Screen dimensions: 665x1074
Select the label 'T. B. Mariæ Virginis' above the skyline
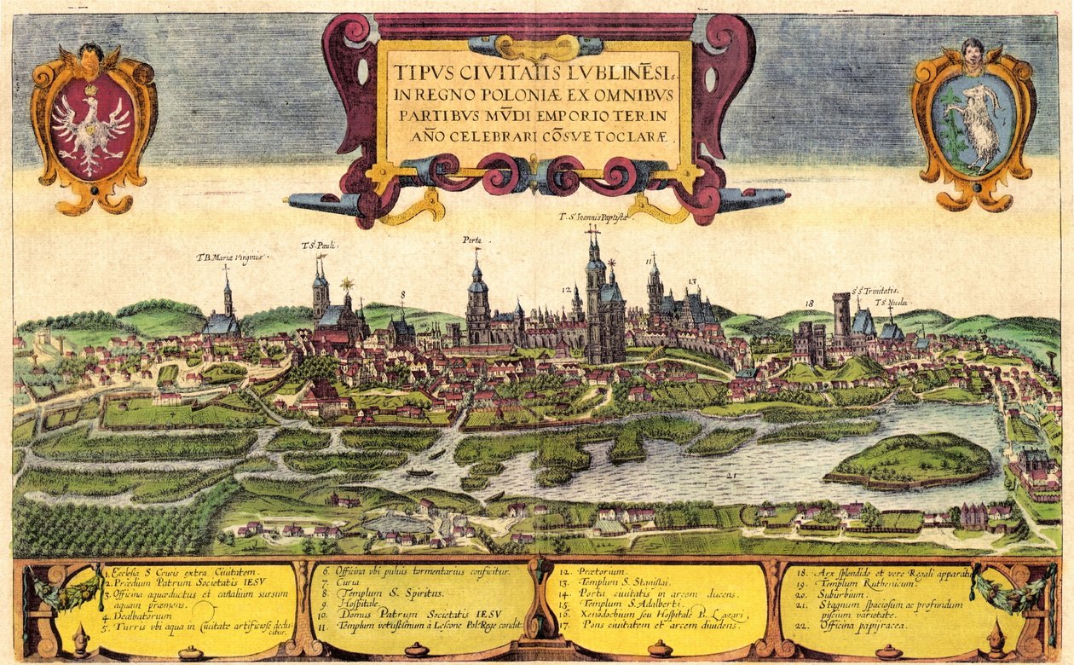pos(232,257)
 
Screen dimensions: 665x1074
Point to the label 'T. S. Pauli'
pos(320,246)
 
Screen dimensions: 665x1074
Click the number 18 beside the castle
pos(810,302)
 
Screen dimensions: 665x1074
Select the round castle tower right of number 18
pos(842,316)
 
